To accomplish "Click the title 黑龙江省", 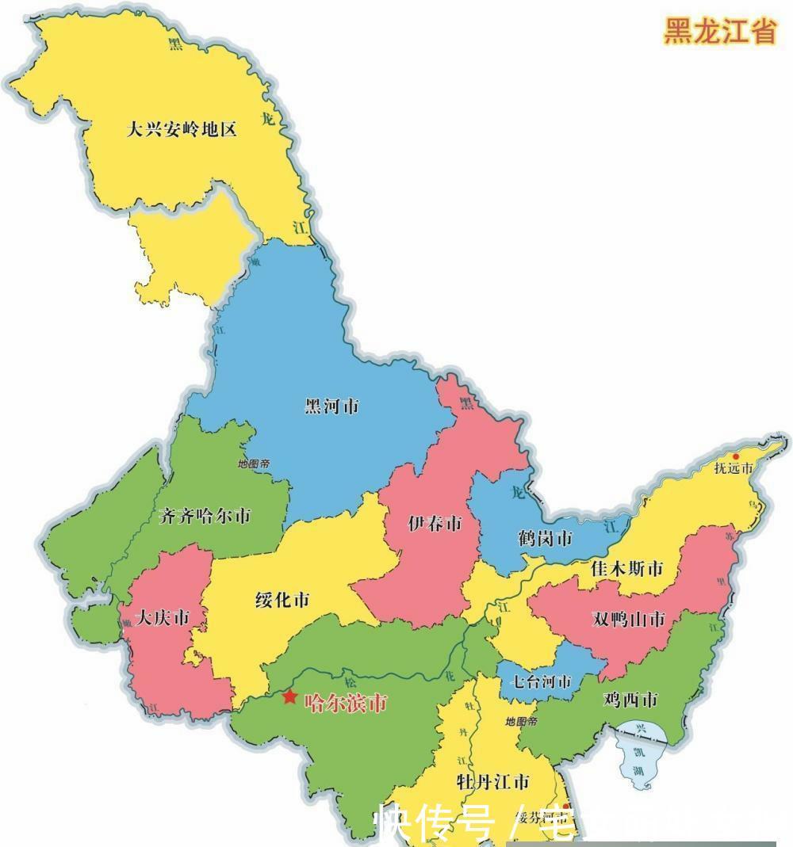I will [x=718, y=32].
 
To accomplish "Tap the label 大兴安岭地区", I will [x=182, y=129].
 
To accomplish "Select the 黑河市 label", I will [x=332, y=406].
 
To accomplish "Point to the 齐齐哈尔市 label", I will [x=205, y=516].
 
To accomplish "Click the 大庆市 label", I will [x=163, y=617].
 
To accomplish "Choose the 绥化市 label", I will [x=282, y=600].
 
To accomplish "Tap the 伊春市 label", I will [x=435, y=524].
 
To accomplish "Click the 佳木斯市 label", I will [x=627, y=569].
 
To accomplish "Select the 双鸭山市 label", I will [x=629, y=620].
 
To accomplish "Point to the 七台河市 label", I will [x=540, y=681].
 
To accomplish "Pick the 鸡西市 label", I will [x=630, y=700].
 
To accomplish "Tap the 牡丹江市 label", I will [x=492, y=783].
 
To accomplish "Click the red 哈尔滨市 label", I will [x=347, y=701].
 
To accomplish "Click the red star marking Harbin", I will [x=289, y=697].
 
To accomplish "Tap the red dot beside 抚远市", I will [x=735, y=456].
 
